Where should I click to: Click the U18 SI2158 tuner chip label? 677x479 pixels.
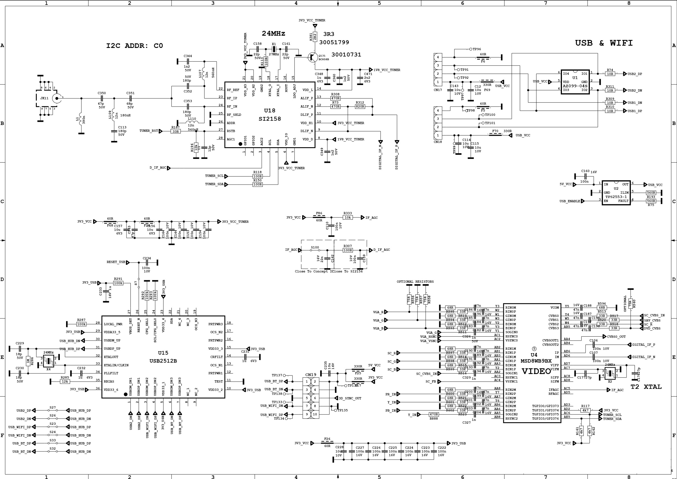coord(269,115)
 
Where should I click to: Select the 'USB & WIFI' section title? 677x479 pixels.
coord(604,43)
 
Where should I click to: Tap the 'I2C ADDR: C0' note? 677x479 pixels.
coord(134,46)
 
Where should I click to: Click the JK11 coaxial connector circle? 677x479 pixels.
coord(57,98)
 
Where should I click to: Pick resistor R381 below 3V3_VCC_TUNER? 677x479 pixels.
coord(315,37)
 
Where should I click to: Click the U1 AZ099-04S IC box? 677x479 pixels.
coord(575,82)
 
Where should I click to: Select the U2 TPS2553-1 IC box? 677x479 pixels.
coord(616,193)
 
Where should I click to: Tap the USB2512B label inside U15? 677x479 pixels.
coord(163,361)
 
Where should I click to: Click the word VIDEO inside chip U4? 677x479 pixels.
coord(536,371)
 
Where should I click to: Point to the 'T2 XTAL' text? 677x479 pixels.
coord(646,387)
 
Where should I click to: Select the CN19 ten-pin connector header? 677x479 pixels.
coord(310,397)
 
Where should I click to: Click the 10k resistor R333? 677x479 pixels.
coord(348,217)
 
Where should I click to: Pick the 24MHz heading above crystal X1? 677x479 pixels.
coord(273,33)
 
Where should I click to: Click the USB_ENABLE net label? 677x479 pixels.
coord(569,201)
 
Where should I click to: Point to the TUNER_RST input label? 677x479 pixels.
coord(149,131)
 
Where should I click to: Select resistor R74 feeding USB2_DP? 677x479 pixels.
coord(610,74)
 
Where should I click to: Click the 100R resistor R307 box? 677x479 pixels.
coord(348,250)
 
